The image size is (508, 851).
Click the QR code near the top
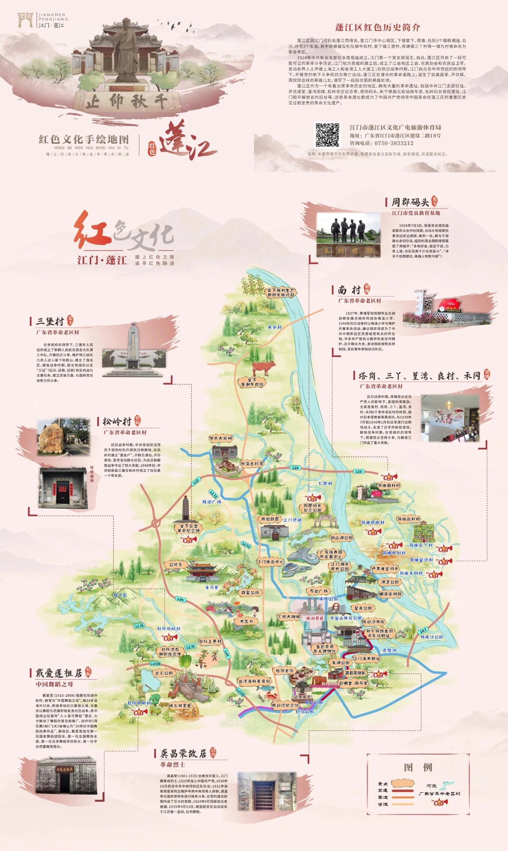tap(328, 135)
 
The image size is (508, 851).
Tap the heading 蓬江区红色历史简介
tap(377, 27)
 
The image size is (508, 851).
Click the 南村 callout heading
tap(349, 290)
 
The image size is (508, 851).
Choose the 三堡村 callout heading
tap(50, 321)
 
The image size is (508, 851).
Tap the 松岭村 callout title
tap(117, 421)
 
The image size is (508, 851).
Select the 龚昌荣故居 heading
tap(183, 753)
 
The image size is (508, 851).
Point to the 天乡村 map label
tap(275, 328)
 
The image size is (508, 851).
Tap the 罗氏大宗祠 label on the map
tap(221, 438)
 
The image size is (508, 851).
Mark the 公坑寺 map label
tap(175, 564)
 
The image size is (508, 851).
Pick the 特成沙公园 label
tap(432, 637)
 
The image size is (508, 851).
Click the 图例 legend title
tap(418, 767)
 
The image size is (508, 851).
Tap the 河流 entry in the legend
tap(431, 786)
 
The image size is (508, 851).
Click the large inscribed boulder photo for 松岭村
tap(51, 437)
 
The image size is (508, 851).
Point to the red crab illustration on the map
tap(271, 695)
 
